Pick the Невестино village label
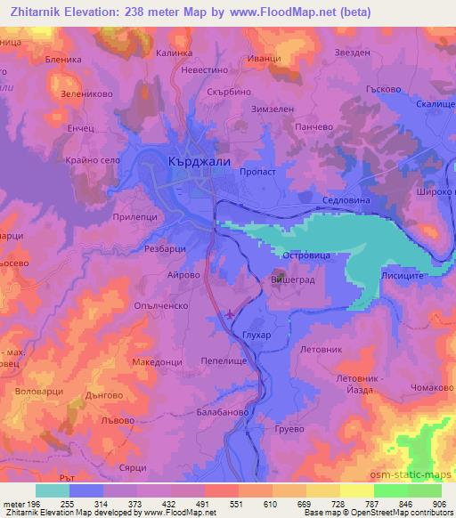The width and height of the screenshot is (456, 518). point(206,69)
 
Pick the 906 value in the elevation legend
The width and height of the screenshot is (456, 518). point(437,504)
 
